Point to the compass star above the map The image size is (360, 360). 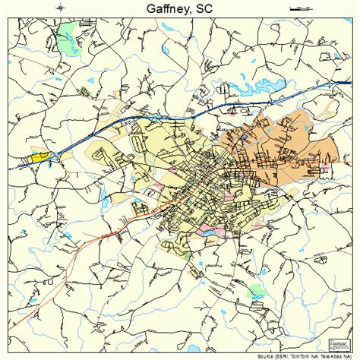60,8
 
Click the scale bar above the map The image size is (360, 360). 301,8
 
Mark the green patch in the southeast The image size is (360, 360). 258,290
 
